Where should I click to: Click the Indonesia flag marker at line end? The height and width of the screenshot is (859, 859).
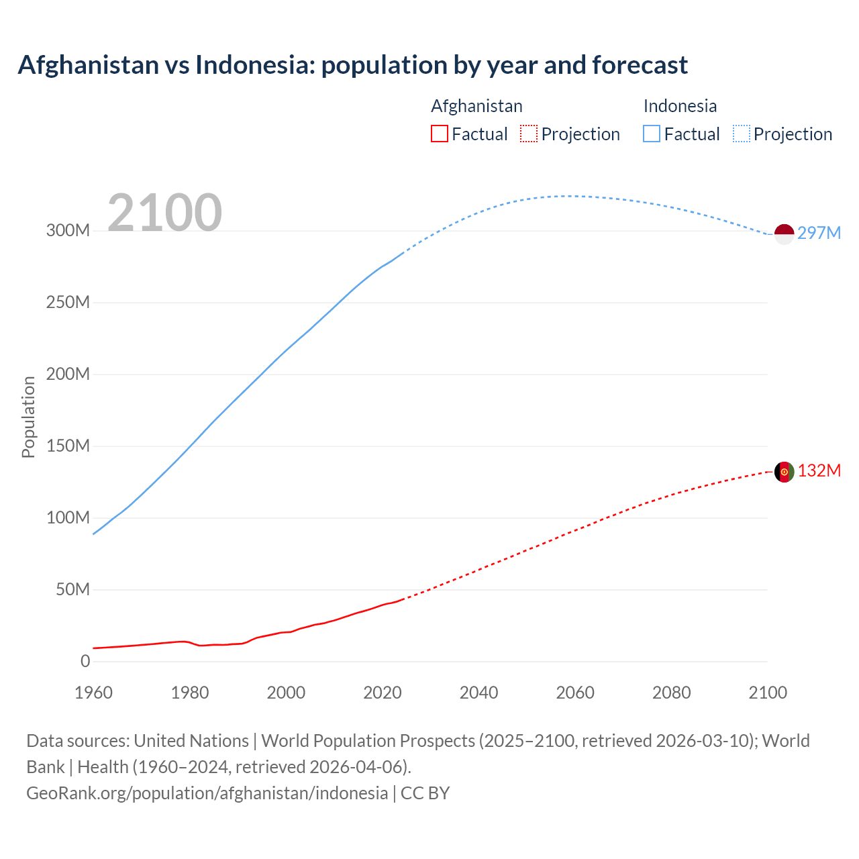784,234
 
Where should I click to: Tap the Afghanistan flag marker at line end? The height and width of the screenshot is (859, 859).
784,472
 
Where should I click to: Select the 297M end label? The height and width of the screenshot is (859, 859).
819,233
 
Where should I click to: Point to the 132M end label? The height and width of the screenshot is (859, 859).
819,470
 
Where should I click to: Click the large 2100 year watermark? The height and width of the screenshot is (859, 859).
164,212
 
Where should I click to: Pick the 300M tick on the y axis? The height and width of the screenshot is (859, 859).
68,231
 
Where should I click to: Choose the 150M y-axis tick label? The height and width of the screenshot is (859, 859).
68,446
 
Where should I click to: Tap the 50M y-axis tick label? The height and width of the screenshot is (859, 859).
72,590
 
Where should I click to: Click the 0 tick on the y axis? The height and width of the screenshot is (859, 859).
85,662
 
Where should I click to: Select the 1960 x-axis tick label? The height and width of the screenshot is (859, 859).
93,693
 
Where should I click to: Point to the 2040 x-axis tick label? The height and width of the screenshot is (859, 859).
478,693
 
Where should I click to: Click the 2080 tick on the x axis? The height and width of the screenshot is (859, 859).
671,693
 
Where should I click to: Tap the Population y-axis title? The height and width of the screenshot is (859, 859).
28,417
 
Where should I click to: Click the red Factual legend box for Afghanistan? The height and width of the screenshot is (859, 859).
440,134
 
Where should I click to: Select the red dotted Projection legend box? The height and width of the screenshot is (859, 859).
529,134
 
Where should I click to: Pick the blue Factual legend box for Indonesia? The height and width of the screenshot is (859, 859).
652,134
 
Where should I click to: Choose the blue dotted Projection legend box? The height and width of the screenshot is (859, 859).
742,134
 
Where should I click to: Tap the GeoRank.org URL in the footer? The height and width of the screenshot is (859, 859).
207,793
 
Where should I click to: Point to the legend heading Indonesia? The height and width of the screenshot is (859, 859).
680,106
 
